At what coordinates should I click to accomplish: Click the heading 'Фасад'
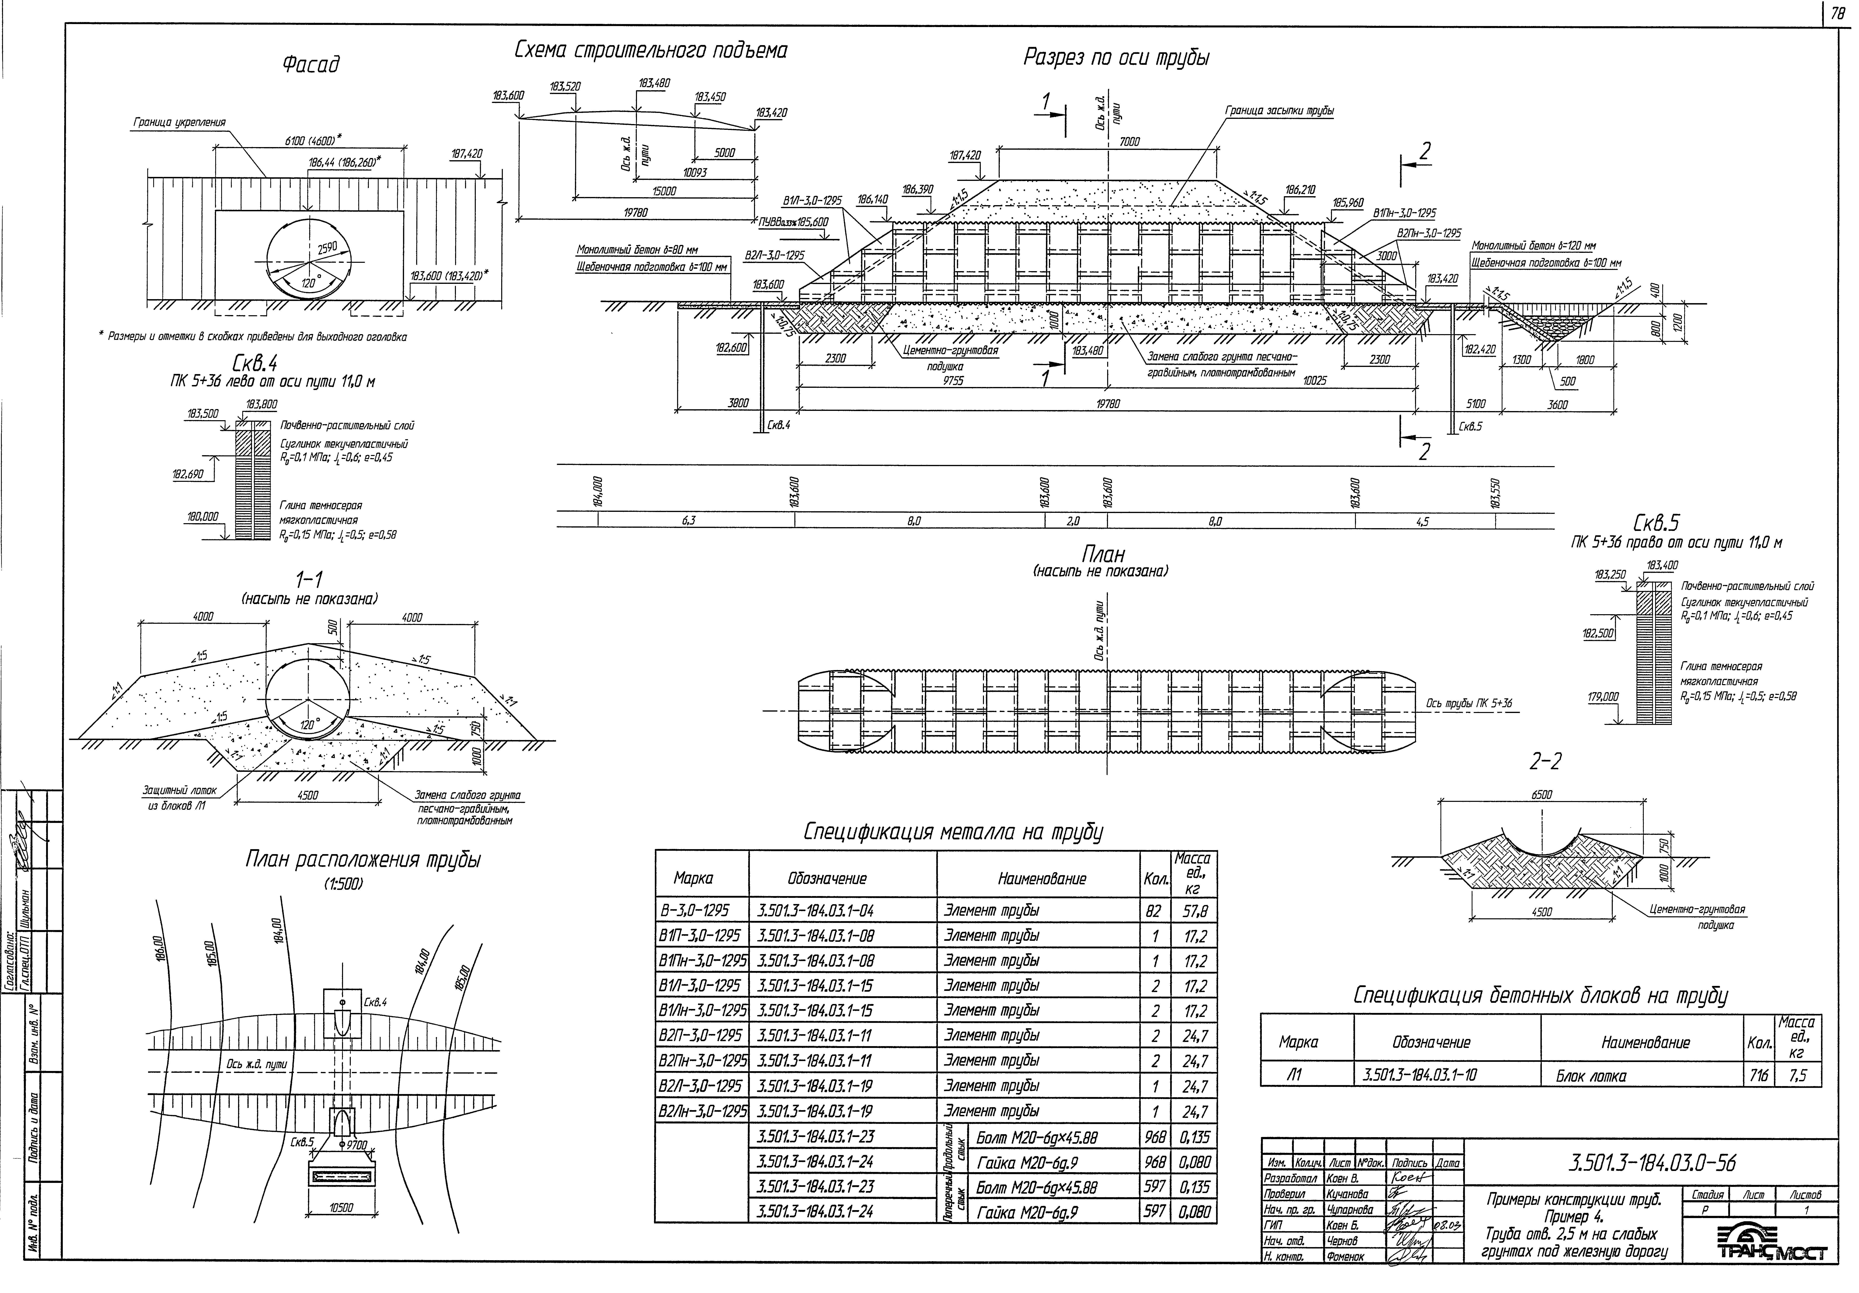click(x=311, y=64)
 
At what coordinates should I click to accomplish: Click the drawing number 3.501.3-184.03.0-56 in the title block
click(x=1652, y=1163)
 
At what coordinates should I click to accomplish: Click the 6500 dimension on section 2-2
click(x=1542, y=795)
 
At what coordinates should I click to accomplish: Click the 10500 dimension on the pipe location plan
click(x=342, y=1207)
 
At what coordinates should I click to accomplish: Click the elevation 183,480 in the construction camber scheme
click(x=653, y=83)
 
